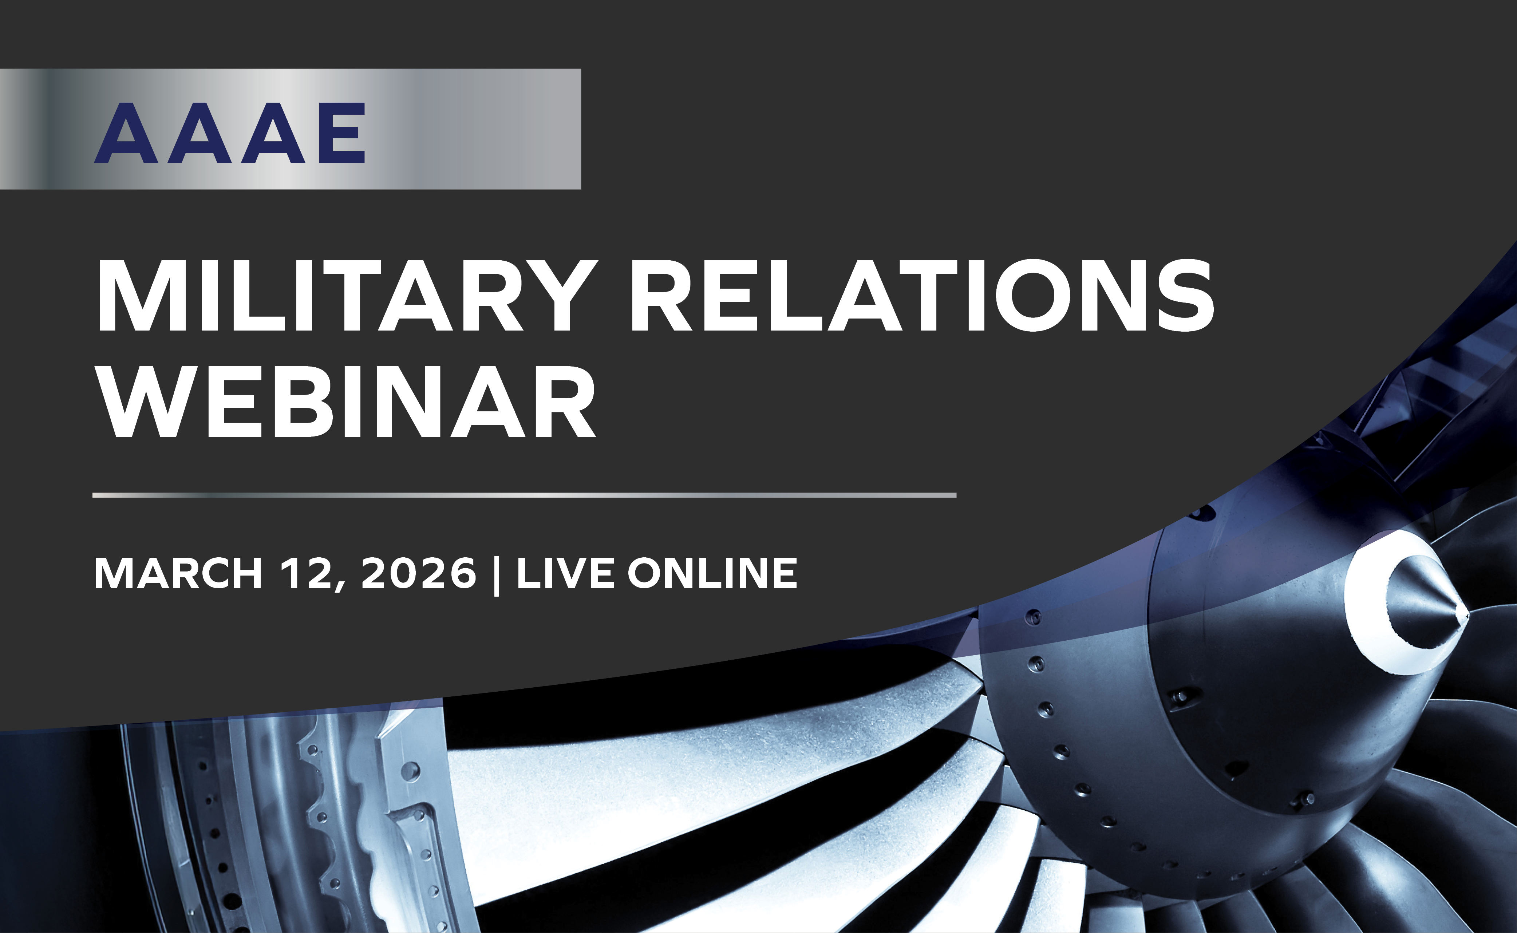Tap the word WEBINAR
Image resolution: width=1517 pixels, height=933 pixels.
coord(347,402)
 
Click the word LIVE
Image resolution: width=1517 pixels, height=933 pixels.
coord(565,573)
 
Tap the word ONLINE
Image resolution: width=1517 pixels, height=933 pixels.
coord(712,573)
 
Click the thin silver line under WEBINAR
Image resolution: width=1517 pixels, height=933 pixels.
coord(524,495)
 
